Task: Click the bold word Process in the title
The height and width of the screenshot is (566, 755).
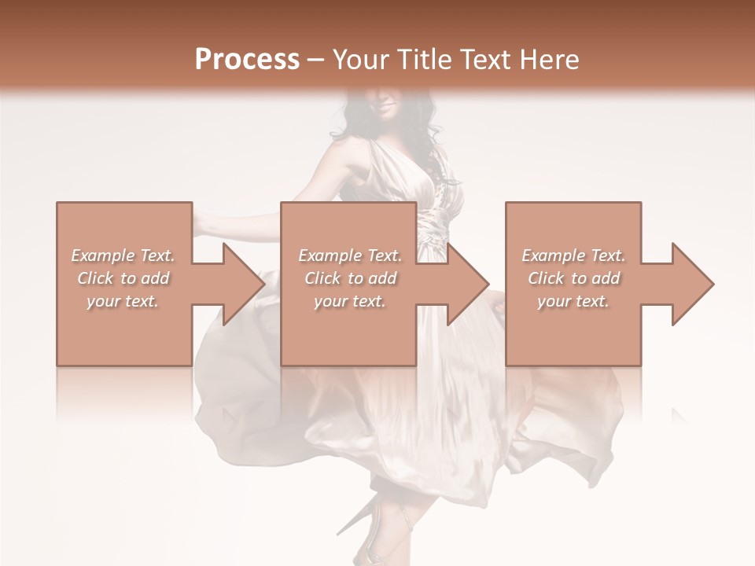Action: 247,59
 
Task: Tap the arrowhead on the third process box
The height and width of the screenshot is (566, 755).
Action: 692,284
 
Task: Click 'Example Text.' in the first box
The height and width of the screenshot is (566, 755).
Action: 123,255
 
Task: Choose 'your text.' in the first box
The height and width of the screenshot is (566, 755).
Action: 123,301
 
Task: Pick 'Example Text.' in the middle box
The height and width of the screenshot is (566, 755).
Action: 350,255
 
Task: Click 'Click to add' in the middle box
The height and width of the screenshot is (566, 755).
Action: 350,278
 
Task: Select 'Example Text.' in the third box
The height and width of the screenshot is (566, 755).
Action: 573,255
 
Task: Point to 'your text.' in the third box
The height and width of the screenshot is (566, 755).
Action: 573,301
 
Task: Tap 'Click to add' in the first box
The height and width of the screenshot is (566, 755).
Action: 123,278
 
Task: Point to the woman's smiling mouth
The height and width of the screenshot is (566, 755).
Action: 387,108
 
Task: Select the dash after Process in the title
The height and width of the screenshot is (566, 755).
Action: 316,60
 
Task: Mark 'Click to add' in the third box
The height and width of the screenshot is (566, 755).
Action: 573,278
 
